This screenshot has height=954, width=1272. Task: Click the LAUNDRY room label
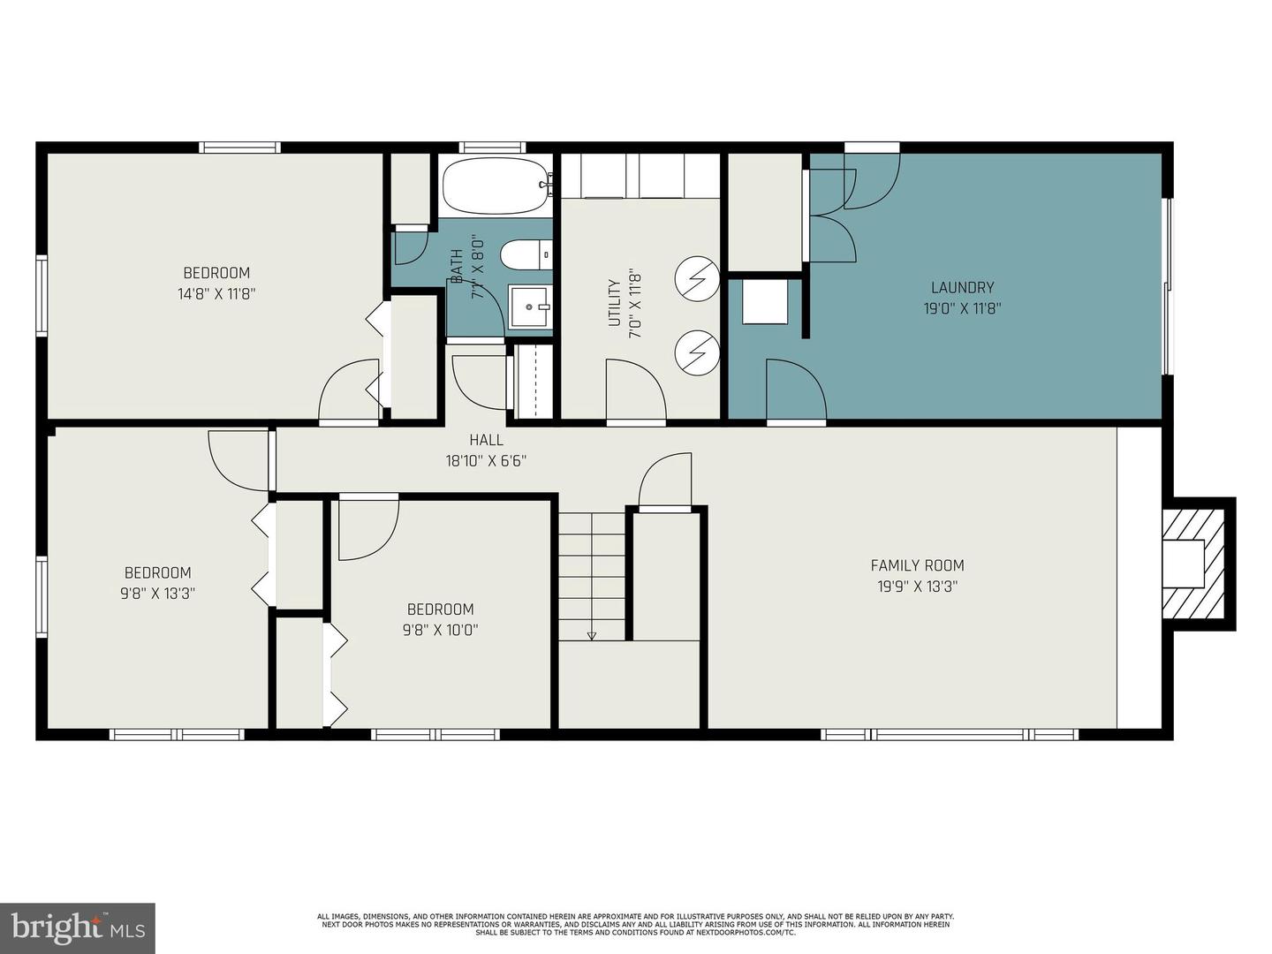(962, 287)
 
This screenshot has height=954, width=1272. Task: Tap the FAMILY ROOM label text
(917, 565)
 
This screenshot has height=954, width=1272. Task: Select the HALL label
(486, 440)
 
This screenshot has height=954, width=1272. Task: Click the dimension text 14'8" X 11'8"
(216, 294)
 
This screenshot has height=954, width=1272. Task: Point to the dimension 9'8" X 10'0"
(440, 630)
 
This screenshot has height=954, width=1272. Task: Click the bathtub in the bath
(495, 186)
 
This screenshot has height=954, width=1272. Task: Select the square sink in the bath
(530, 307)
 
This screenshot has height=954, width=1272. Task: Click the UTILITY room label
(615, 303)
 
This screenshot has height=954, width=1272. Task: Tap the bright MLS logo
(78, 927)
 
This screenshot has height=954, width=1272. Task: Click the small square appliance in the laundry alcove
(764, 301)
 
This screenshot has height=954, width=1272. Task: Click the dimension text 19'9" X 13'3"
(917, 587)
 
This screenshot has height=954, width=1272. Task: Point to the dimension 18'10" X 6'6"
(486, 460)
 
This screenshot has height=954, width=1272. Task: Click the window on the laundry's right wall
(1167, 285)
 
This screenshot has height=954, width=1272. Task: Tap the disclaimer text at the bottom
(635, 924)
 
